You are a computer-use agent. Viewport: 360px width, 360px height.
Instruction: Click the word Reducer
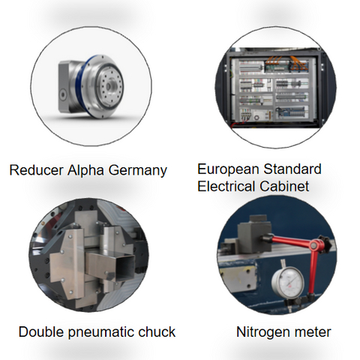click(x=36, y=170)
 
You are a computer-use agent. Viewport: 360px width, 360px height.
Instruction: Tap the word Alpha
click(x=85, y=171)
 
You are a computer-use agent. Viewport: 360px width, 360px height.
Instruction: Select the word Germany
click(x=138, y=171)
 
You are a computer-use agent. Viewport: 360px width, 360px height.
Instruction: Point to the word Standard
click(x=292, y=169)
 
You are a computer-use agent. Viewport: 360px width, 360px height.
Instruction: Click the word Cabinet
click(x=284, y=186)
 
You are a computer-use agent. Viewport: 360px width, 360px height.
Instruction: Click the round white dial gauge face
click(x=288, y=282)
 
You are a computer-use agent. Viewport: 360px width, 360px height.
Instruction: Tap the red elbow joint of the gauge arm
click(x=316, y=246)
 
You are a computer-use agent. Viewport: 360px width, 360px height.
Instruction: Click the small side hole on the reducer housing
click(x=62, y=94)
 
